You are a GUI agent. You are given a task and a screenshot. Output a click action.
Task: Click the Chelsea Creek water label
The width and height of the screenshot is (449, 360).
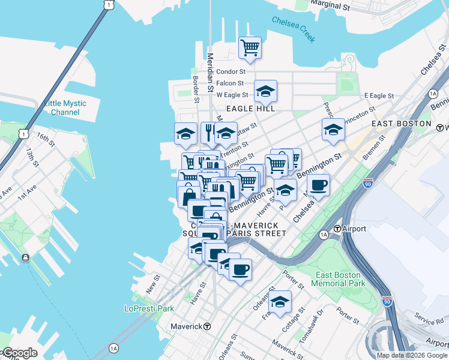[x=294, y=29]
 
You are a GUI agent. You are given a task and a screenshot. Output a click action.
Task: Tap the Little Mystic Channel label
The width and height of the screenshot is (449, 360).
[x=65, y=108]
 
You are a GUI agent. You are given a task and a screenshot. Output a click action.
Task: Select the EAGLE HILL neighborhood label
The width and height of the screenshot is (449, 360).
[x=254, y=109]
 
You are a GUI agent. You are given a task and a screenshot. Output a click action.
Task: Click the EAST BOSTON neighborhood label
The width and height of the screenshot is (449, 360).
[x=401, y=124]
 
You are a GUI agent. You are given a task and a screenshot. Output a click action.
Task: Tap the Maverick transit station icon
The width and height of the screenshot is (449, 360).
[x=207, y=326]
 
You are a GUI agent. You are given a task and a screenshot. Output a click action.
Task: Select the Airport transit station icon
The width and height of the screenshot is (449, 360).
[x=338, y=229]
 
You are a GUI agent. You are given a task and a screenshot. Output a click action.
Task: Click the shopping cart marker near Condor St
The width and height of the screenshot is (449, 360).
[x=250, y=47]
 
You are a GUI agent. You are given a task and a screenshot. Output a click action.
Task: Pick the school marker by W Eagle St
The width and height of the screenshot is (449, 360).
[x=265, y=92]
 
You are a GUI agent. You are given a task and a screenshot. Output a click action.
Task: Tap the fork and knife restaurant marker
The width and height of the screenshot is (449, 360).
[x=209, y=134]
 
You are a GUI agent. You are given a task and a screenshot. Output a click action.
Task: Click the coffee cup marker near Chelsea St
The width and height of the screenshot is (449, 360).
[x=318, y=185]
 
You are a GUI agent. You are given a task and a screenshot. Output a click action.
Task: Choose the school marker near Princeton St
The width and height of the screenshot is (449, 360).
[x=333, y=130]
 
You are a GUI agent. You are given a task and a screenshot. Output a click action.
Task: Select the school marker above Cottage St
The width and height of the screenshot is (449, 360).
[x=280, y=302]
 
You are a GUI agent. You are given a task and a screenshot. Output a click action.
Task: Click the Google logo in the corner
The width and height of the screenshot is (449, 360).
[x=19, y=353]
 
